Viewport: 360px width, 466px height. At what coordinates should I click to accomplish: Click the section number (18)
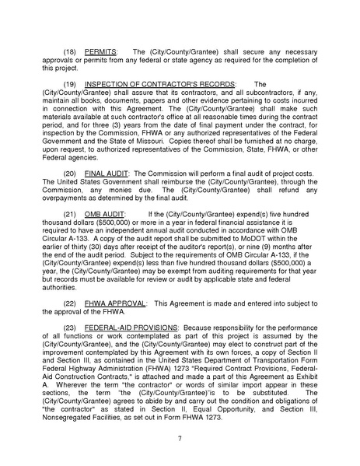click(x=71, y=50)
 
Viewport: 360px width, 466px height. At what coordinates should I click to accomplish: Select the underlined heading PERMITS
click(x=103, y=50)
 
